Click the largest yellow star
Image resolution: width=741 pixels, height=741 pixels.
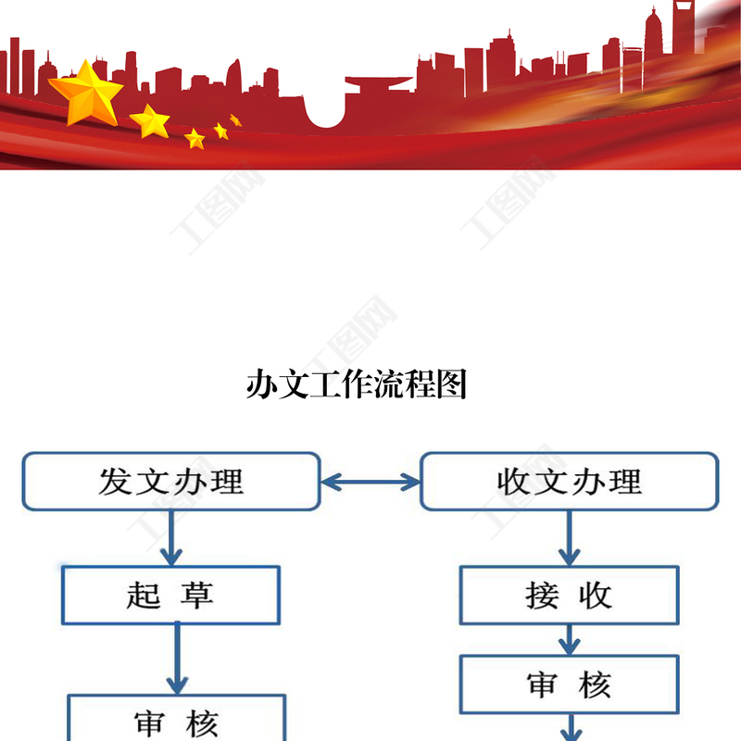(85, 92)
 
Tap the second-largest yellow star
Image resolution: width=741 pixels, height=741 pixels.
(149, 120)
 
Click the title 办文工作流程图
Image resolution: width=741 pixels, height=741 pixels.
(357, 384)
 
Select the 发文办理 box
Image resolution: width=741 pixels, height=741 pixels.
(171, 482)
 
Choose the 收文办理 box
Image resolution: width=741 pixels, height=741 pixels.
(569, 482)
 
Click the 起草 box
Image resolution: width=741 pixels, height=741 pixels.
(170, 595)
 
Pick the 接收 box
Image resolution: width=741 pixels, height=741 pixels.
(570, 595)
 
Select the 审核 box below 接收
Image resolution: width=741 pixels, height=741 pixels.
(570, 685)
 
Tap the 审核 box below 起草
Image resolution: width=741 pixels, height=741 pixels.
(176, 721)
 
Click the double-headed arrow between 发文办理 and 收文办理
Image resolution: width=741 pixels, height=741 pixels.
(370, 482)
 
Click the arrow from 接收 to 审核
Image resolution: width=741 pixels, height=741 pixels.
(570, 639)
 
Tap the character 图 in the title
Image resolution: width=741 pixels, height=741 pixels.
(451, 384)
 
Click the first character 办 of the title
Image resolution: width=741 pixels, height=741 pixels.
(262, 384)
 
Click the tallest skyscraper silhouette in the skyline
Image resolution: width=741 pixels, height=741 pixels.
(684, 37)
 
